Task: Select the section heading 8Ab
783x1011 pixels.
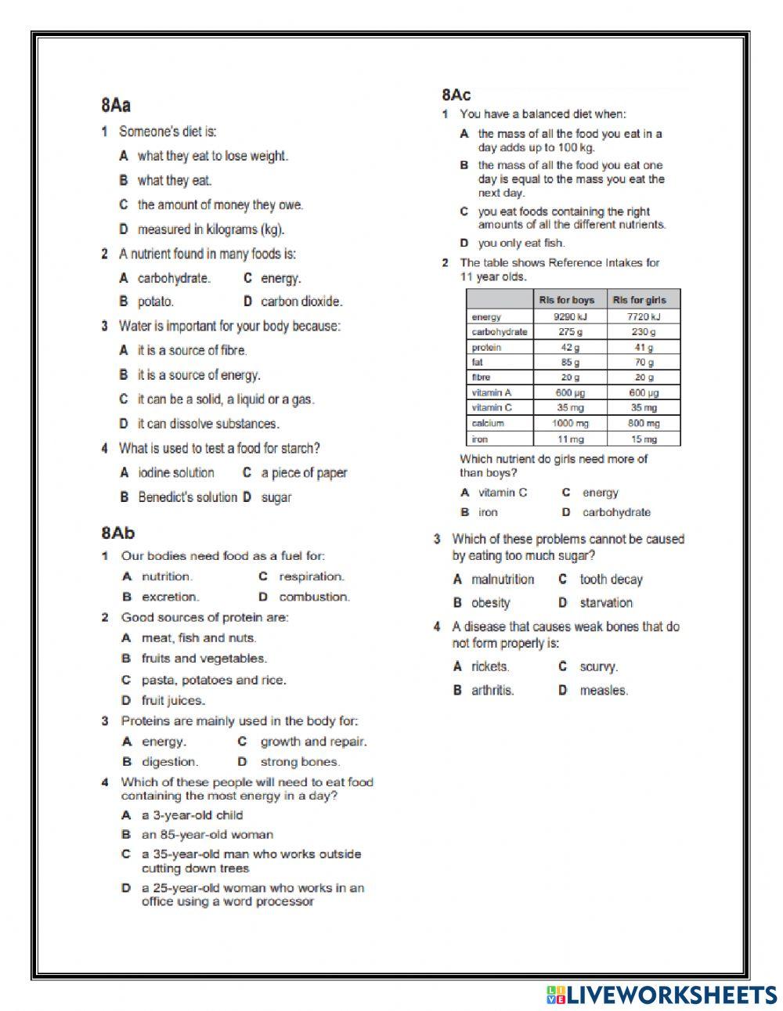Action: coord(117,533)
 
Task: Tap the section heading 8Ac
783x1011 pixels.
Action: coord(456,95)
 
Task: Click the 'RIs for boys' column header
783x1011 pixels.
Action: coord(567,300)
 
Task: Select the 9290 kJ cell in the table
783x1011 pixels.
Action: coord(569,317)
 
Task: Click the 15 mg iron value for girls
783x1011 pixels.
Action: coord(644,439)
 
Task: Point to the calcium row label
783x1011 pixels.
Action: coord(488,424)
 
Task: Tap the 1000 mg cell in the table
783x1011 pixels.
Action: coord(569,424)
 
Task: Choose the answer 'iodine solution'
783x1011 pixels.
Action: coord(175,473)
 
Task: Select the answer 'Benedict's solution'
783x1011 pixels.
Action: coord(187,497)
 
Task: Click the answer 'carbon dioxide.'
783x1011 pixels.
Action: coord(301,301)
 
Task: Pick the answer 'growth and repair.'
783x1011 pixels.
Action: coord(313,742)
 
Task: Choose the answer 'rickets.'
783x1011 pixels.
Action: coord(490,666)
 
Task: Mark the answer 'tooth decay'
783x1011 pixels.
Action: coord(611,580)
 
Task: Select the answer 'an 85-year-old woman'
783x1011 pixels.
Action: coord(207,835)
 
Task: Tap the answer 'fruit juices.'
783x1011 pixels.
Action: coord(173,701)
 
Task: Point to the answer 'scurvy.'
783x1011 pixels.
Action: coord(598,667)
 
